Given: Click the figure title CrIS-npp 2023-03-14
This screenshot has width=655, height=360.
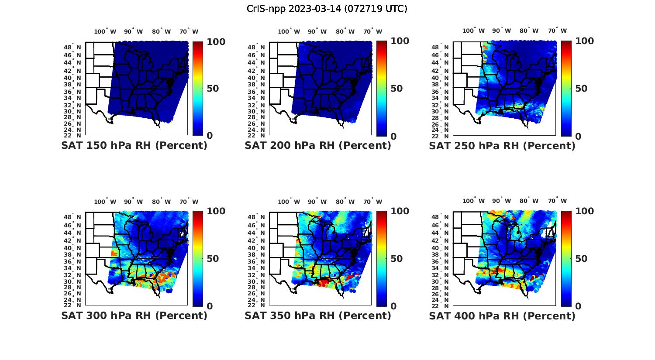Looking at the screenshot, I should pyautogui.click(x=327, y=9).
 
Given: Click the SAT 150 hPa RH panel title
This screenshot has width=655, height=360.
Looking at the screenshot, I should pyautogui.click(x=134, y=146).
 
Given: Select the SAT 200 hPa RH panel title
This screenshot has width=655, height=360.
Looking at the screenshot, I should pyautogui.click(x=318, y=146).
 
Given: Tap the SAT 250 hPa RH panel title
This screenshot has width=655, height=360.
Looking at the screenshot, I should pyautogui.click(x=502, y=146).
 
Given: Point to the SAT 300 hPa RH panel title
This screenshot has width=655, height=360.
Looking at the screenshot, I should pyautogui.click(x=134, y=315).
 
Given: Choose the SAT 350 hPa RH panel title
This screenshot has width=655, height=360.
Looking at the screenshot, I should pyautogui.click(x=318, y=315).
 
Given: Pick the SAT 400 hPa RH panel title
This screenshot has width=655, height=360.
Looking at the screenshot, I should pyautogui.click(x=502, y=315).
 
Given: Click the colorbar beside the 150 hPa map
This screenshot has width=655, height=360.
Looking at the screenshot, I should pyautogui.click(x=198, y=89).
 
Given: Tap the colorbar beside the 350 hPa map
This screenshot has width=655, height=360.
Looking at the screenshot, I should pyautogui.click(x=382, y=258).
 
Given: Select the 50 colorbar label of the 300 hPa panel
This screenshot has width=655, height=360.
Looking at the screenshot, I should pyautogui.click(x=213, y=259).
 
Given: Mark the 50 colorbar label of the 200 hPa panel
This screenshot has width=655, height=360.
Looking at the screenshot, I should pyautogui.click(x=396, y=89).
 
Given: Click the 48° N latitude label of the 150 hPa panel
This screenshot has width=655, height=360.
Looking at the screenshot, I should pyautogui.click(x=72, y=47).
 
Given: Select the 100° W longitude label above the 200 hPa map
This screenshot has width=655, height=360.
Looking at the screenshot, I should pyautogui.click(x=289, y=31).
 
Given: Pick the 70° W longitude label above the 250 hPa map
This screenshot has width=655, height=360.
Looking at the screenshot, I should pyautogui.click(x=557, y=31).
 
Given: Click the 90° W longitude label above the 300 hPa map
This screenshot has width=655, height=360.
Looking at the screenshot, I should pyautogui.click(x=133, y=202).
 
